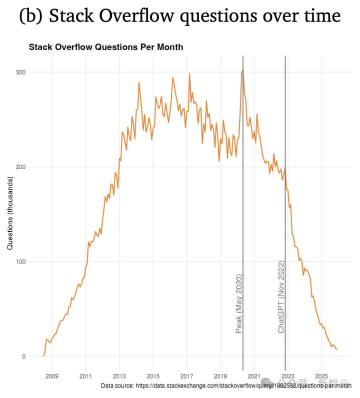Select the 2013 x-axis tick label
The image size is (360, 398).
click(x=119, y=375)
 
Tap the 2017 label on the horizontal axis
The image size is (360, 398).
click(x=186, y=375)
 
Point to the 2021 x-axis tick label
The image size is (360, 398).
click(x=254, y=375)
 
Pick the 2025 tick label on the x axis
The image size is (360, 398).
click(x=321, y=375)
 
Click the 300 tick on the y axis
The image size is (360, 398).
click(x=20, y=72)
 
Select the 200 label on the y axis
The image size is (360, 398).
click(x=20, y=167)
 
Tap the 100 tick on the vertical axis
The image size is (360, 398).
click(x=20, y=261)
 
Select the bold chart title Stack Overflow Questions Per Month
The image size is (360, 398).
click(x=106, y=48)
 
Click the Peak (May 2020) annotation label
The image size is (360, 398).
click(x=238, y=303)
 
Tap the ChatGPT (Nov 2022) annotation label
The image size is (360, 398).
click(x=281, y=297)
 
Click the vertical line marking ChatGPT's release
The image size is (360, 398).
click(x=285, y=225)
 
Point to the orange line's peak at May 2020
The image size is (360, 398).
click(x=242, y=71)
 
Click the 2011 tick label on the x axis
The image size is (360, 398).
click(x=85, y=375)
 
